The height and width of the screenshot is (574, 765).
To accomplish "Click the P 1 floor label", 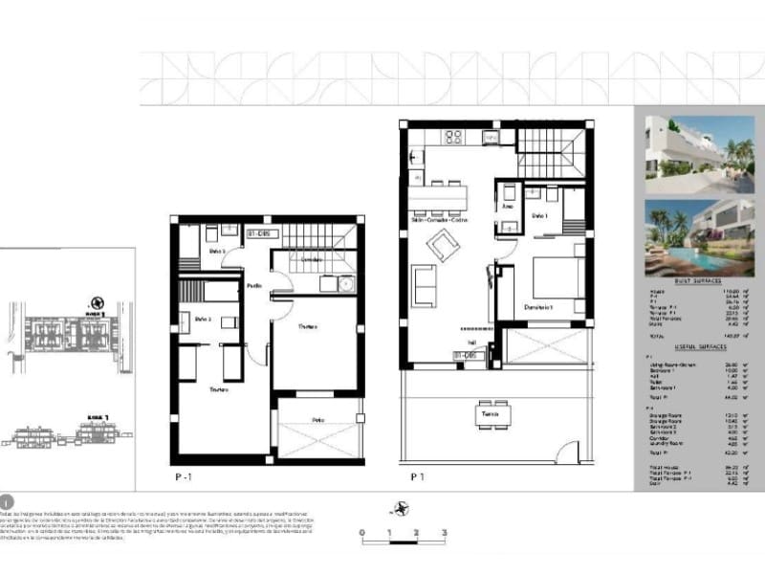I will [417, 475].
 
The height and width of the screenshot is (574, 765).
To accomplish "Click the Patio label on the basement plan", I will [318, 420].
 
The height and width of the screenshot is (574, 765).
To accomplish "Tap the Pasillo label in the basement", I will [253, 285].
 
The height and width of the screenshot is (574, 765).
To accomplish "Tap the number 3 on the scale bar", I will [444, 532].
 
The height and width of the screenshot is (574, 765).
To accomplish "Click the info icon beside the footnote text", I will [8, 500].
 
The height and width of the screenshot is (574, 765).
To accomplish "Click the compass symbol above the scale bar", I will [403, 508].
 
